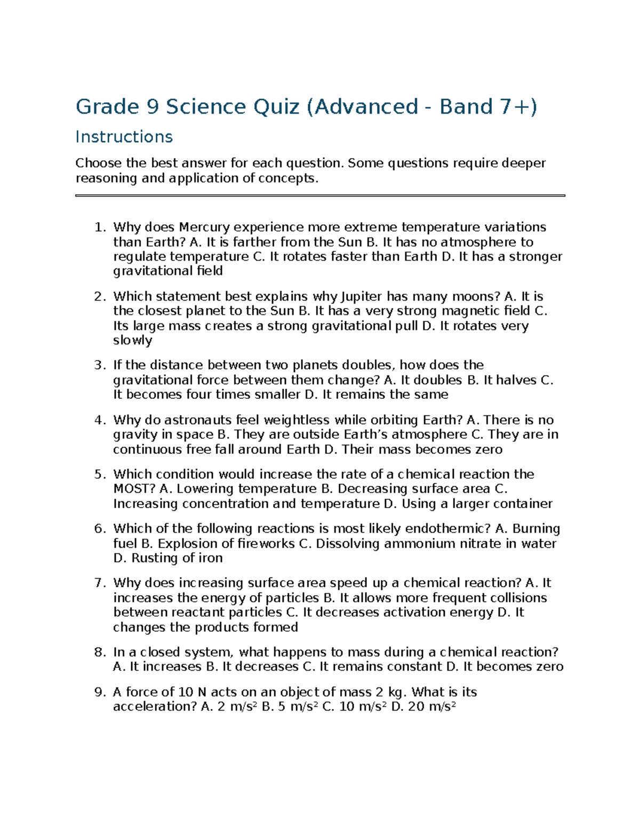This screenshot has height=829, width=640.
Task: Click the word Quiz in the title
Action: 276,107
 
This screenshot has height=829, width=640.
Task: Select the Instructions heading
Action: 124,137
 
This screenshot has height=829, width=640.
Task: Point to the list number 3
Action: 100,366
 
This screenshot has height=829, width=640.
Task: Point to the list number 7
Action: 100,583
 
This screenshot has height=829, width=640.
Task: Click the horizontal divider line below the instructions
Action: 320,196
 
